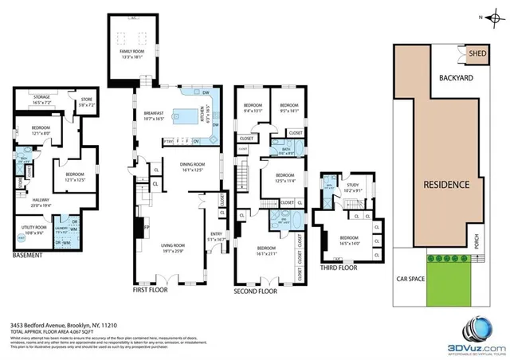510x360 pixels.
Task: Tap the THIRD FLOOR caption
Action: (335, 268)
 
